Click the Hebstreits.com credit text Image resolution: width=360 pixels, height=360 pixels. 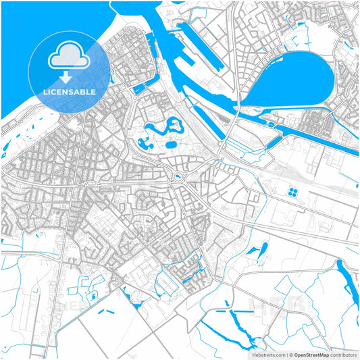click(267, 354)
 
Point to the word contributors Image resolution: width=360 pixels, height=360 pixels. click(344, 354)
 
